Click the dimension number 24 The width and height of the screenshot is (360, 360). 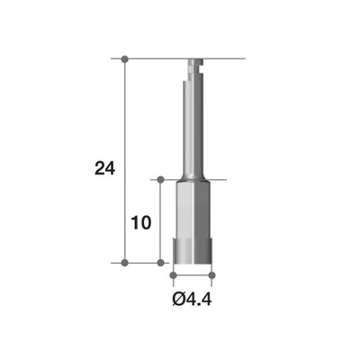click(104, 166)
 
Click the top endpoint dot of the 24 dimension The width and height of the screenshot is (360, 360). click(125, 59)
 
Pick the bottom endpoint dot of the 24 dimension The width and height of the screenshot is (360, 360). click(125, 263)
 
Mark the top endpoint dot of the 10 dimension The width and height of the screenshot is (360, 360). click(161, 180)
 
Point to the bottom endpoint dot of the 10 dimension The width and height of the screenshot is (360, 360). click(161, 263)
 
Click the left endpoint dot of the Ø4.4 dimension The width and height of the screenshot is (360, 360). click(172, 273)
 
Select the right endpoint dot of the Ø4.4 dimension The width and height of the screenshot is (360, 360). click(213, 273)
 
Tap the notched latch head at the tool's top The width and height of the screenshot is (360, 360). click(193, 67)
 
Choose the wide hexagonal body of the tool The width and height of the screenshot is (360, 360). click(193, 211)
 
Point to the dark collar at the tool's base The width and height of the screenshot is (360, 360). click(193, 256)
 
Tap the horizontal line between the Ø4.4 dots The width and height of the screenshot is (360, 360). click(193, 273)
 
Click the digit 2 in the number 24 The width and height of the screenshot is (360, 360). click(98, 166)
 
